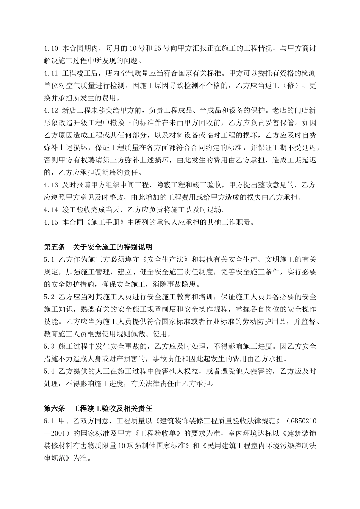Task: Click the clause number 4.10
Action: tap(51, 49)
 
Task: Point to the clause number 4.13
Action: tap(51, 185)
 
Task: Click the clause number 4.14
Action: tap(51, 210)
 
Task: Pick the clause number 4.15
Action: tap(51, 222)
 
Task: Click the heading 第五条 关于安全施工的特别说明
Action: tap(98, 247)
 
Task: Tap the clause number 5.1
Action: tap(49, 259)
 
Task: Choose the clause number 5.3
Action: tap(49, 346)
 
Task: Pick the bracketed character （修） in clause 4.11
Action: tap(290, 86)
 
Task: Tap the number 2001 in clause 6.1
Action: tap(59, 433)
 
